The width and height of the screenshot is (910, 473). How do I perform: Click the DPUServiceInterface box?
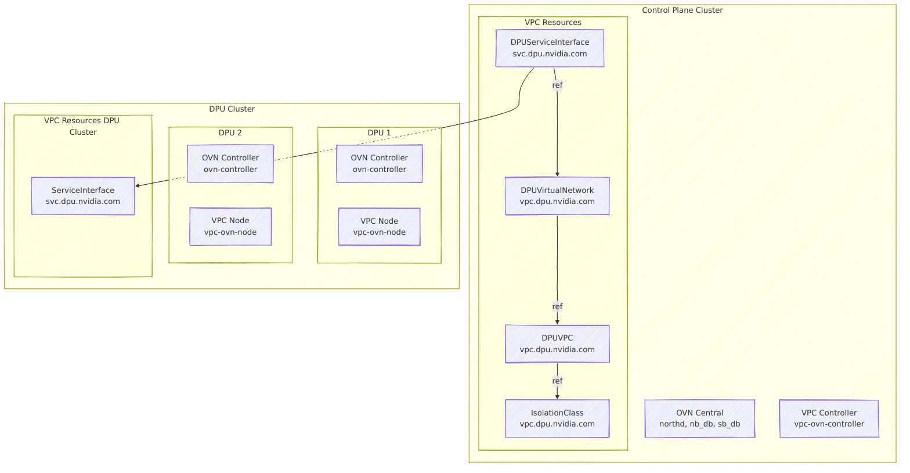[x=550, y=48]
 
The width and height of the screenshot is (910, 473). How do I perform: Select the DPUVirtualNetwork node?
[x=557, y=196]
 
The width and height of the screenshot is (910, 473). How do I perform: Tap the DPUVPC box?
[x=557, y=343]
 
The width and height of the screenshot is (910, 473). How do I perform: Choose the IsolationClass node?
[x=557, y=418]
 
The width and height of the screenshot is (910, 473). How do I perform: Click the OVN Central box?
[x=699, y=418]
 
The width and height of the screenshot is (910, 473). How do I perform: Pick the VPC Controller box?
[x=829, y=418]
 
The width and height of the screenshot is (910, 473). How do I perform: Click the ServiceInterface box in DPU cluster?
[x=83, y=196]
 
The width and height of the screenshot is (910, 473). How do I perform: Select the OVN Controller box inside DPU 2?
[x=230, y=163]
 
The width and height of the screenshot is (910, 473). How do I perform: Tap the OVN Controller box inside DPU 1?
[x=380, y=163]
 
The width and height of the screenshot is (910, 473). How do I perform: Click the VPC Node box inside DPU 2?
[x=230, y=227]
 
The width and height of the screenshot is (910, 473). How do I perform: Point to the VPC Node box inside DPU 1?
[x=380, y=227]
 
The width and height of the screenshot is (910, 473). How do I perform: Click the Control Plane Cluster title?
[x=682, y=10]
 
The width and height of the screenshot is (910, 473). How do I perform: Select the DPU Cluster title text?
[x=232, y=109]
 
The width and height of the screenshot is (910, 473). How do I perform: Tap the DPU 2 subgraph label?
[x=230, y=132]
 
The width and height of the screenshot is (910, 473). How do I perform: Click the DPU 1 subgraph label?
[x=379, y=132]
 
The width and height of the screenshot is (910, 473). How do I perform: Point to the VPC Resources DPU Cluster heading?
[x=82, y=126]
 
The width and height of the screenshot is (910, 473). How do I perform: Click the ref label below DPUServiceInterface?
[x=557, y=85]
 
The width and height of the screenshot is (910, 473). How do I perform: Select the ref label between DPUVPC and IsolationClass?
[x=557, y=381]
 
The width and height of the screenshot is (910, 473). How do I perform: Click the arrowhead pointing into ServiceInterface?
[x=138, y=186]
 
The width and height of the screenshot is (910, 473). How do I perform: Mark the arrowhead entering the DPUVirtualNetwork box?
[x=557, y=174]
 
